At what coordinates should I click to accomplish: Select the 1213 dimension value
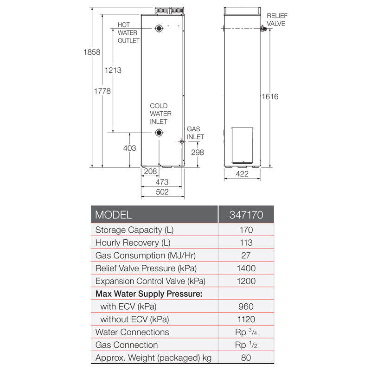(x=113, y=70)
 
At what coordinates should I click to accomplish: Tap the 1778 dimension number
(x=102, y=91)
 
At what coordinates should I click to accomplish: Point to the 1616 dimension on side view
(x=270, y=96)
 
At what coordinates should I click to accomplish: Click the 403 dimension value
(x=129, y=148)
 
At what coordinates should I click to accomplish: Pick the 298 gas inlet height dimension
(x=197, y=152)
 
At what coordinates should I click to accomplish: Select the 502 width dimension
(x=162, y=192)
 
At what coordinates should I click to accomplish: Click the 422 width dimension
(x=242, y=174)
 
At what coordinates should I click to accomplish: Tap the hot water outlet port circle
(x=159, y=28)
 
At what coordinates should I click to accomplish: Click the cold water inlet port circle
(x=159, y=133)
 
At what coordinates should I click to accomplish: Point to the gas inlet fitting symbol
(x=181, y=142)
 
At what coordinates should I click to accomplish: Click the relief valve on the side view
(x=264, y=29)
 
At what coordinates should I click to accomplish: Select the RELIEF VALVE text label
(x=276, y=19)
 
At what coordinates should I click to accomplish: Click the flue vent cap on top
(x=169, y=10)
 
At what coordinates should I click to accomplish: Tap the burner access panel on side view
(x=242, y=145)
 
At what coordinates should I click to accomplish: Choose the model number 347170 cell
(x=246, y=215)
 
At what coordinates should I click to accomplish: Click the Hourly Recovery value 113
(x=246, y=243)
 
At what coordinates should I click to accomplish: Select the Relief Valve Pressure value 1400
(x=246, y=268)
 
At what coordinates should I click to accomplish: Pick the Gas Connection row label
(x=126, y=345)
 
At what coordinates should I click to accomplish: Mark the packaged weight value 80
(x=246, y=358)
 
